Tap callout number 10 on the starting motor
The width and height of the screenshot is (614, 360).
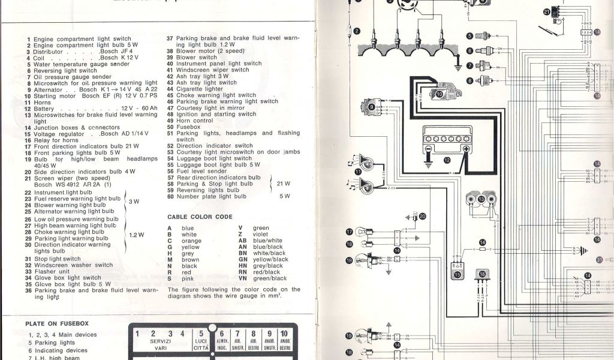point(439,94)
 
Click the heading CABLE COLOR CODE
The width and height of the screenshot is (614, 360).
point(200,216)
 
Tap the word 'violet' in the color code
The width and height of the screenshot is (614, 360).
point(261,234)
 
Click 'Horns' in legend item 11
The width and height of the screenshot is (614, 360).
point(43,102)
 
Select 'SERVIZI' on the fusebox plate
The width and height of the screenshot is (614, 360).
point(161,340)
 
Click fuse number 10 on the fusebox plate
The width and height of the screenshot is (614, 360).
point(284,333)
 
